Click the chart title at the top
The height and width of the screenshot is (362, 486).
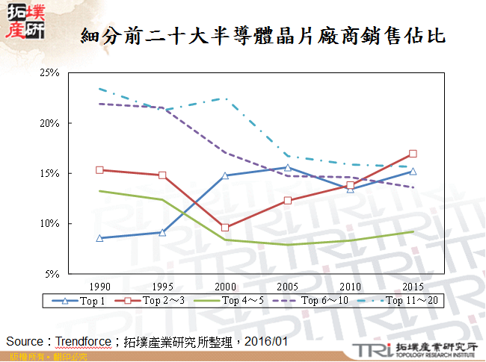point(263,35)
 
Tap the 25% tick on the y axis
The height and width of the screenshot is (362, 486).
point(49,73)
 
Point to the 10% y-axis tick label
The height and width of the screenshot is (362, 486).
point(49,224)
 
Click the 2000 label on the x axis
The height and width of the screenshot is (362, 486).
point(224,286)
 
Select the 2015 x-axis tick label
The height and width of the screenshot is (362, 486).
point(412,286)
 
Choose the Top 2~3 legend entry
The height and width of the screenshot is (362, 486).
point(159,301)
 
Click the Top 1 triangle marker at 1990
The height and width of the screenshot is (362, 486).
point(99,238)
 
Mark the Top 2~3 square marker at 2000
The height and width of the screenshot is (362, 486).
point(224,228)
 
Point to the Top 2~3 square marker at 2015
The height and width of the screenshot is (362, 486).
point(413,154)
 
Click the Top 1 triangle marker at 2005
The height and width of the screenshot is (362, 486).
point(287,167)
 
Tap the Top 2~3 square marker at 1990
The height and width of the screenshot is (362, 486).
point(99,170)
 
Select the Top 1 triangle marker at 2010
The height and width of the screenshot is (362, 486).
point(350,189)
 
